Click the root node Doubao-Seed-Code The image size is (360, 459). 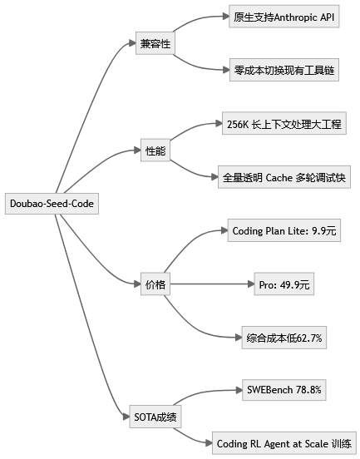(x=52, y=203)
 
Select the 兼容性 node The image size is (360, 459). (x=155, y=42)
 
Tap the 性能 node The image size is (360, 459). (x=155, y=151)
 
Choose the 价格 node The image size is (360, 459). (x=155, y=284)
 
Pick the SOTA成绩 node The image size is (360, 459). (x=155, y=415)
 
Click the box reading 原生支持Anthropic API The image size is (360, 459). (x=284, y=16)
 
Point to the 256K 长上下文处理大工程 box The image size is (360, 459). (x=284, y=124)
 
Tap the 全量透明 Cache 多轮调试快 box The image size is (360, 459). (x=284, y=176)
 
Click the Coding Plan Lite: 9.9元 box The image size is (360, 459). (x=284, y=230)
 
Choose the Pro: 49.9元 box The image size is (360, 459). (x=284, y=284)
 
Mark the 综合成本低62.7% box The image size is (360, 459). (x=284, y=338)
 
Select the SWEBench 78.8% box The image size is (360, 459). (x=284, y=389)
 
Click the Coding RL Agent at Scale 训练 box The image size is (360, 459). (x=284, y=443)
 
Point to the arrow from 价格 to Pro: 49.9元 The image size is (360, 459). (x=212, y=284)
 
